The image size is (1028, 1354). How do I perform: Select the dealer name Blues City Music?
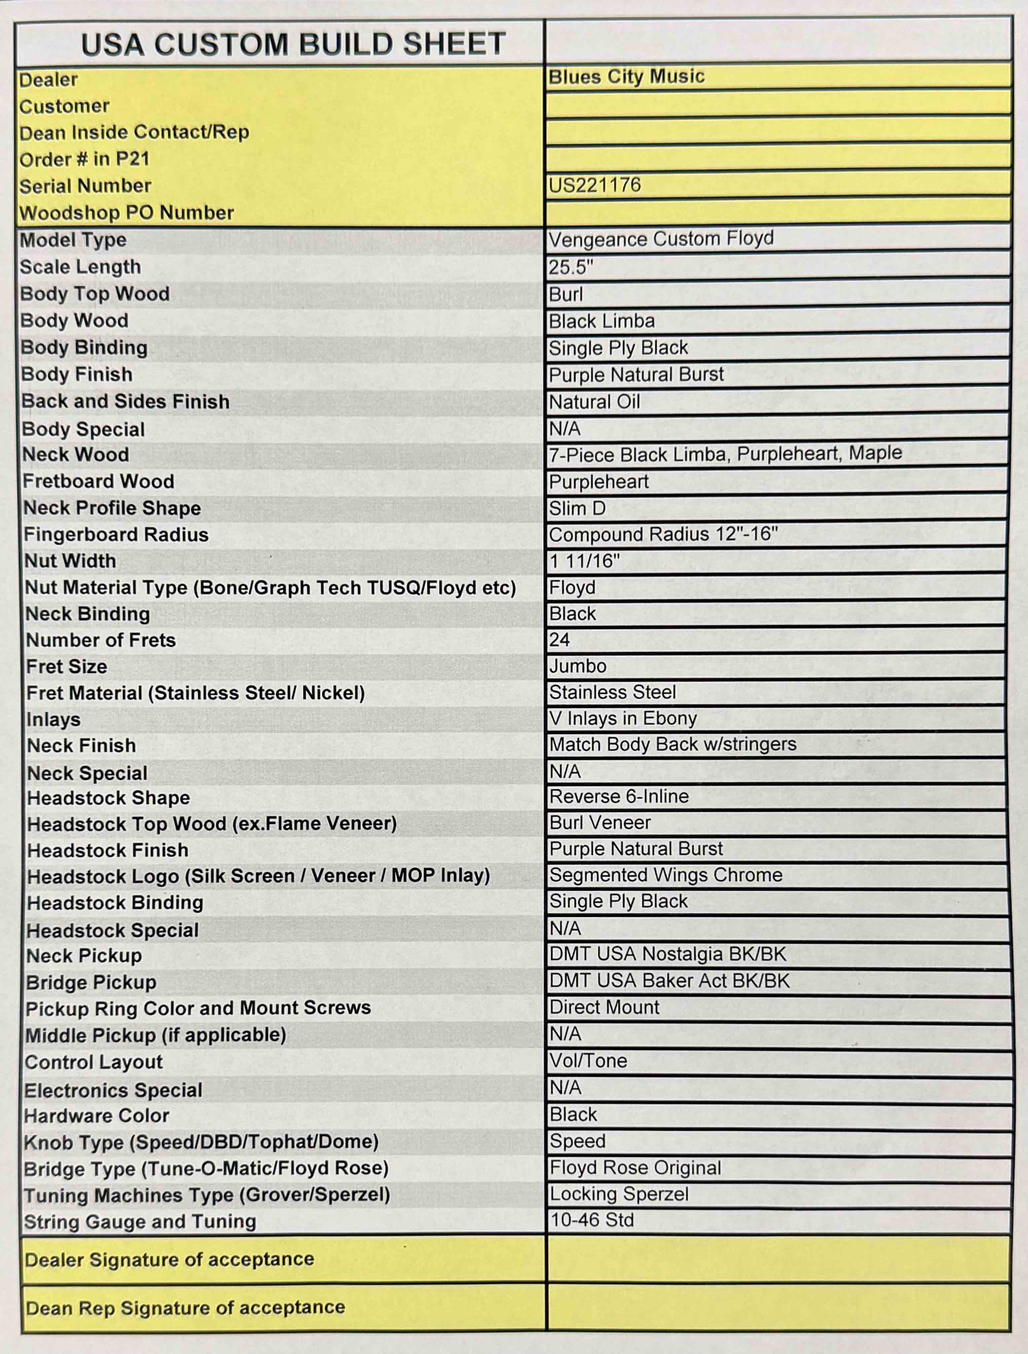[x=626, y=77]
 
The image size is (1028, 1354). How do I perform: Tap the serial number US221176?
[x=594, y=185]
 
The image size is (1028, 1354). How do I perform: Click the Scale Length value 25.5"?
[x=571, y=267]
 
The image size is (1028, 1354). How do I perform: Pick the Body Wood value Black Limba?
[x=601, y=321]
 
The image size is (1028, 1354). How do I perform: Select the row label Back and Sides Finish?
[x=125, y=401]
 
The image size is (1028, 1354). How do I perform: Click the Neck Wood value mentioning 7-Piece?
[x=725, y=454]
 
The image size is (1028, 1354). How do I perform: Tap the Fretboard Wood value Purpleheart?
[x=598, y=482]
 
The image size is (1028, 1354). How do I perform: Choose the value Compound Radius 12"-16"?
[x=663, y=535]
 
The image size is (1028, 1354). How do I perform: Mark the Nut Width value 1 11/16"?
[x=584, y=561]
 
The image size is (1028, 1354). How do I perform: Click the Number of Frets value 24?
[x=559, y=640]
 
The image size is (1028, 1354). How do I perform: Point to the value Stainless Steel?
[x=612, y=692]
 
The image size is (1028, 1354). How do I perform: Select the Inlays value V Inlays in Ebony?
[x=623, y=718]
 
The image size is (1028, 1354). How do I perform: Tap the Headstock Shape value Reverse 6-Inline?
[x=619, y=796]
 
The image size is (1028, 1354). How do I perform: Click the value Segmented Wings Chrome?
[x=665, y=875]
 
